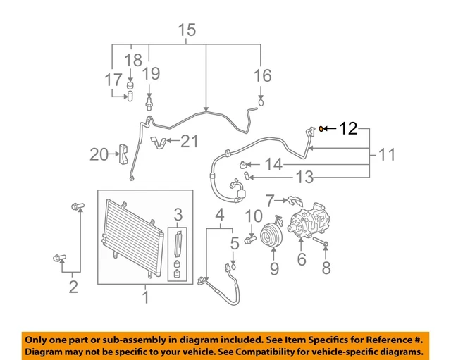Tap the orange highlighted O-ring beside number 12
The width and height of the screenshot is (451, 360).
[x=321, y=128]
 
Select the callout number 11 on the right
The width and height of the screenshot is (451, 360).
[x=386, y=154]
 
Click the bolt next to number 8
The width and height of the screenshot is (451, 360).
[x=320, y=244]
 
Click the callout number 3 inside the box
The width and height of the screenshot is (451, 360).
[x=178, y=214]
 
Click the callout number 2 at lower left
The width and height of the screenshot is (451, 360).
[x=73, y=287]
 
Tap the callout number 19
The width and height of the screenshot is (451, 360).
[x=151, y=73]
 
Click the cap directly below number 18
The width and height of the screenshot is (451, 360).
[x=130, y=87]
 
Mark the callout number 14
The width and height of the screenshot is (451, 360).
[x=273, y=165]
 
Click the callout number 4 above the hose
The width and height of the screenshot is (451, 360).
[x=220, y=214]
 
